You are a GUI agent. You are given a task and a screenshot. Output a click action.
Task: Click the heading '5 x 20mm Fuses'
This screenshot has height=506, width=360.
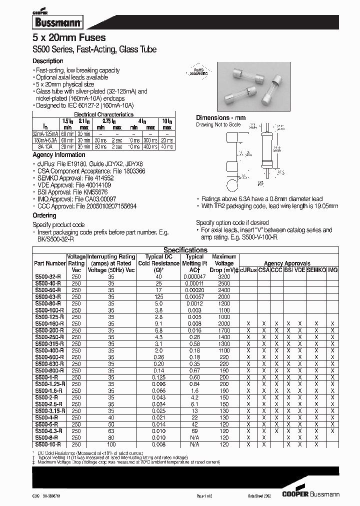pyautogui.click(x=69, y=38)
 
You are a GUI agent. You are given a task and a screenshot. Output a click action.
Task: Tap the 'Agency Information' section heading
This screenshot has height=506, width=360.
pyautogui.click(x=55, y=155)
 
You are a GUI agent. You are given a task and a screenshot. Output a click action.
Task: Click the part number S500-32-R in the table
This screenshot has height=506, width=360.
pyautogui.click(x=48, y=276)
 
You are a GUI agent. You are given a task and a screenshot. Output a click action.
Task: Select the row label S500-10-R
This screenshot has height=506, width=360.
pyautogui.click(x=48, y=444)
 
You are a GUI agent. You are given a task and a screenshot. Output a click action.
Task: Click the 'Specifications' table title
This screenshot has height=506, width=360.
pyautogui.click(x=185, y=250)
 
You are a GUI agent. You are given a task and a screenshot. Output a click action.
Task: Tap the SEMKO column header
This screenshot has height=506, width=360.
pyautogui.click(x=316, y=269)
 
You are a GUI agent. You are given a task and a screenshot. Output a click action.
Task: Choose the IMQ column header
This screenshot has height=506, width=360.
pyautogui.click(x=332, y=269)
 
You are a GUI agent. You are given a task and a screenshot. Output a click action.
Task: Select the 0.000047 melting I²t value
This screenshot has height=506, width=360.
pyautogui.click(x=194, y=276)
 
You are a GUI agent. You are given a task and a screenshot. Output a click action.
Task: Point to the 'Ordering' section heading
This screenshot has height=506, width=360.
pyautogui.click(x=44, y=215)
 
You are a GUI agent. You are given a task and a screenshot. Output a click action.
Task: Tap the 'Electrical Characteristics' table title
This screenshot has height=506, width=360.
pyautogui.click(x=110, y=114)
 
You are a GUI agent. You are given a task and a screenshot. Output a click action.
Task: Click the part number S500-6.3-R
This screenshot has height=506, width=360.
pyautogui.click(x=49, y=430)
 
